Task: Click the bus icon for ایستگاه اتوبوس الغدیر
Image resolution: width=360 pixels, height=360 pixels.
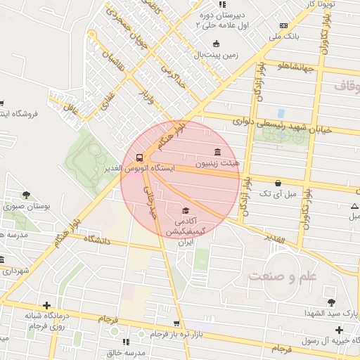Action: pyautogui.click(x=139, y=157)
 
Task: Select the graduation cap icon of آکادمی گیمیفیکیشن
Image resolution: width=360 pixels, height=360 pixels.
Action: pyautogui.click(x=186, y=211)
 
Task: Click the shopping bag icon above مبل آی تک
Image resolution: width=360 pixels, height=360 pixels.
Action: pyautogui.click(x=278, y=183)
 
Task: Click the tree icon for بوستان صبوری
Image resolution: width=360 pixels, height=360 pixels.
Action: pyautogui.click(x=26, y=195)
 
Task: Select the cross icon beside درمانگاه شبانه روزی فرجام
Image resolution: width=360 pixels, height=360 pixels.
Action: pyautogui.click(x=46, y=305)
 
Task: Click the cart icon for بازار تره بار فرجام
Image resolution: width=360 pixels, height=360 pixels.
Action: pyautogui.click(x=176, y=324)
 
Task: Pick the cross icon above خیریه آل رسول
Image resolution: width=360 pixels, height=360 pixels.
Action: pyautogui.click(x=339, y=330)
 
